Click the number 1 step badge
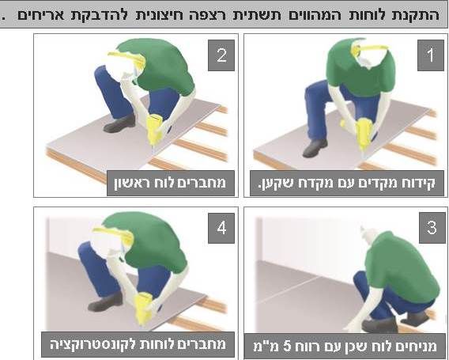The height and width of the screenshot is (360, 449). click(430, 55)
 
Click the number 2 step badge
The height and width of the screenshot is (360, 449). click(221, 55)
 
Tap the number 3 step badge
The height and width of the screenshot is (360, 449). click(432, 228)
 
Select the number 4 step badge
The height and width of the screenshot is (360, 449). click(221, 228)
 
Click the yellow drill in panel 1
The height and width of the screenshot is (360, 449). click(362, 135)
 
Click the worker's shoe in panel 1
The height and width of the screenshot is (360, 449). click(315, 148)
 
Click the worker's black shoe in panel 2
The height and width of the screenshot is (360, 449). click(119, 123)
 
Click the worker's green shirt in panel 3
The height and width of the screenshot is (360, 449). click(402, 267)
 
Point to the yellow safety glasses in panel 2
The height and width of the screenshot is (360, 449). click(127, 59)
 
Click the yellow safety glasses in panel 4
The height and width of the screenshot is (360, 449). click(114, 234)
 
